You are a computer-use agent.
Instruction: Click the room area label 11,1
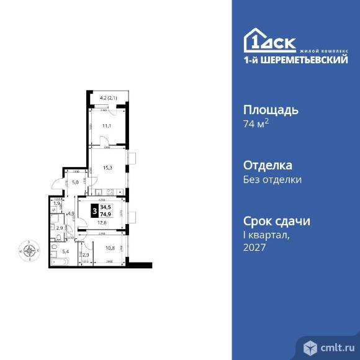pos(106,126)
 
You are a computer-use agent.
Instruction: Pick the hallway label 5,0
pos(76,182)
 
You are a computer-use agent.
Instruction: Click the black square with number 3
pos(94,210)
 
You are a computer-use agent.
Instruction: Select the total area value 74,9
pos(104,215)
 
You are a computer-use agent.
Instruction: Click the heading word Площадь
pos(271,110)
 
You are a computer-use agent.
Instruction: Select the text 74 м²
pos(256,124)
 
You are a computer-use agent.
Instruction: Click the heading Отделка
pos(267,166)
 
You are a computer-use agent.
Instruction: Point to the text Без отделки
pos(272,180)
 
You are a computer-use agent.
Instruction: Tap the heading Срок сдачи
pos(276,222)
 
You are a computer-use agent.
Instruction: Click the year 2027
pos(254,247)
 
